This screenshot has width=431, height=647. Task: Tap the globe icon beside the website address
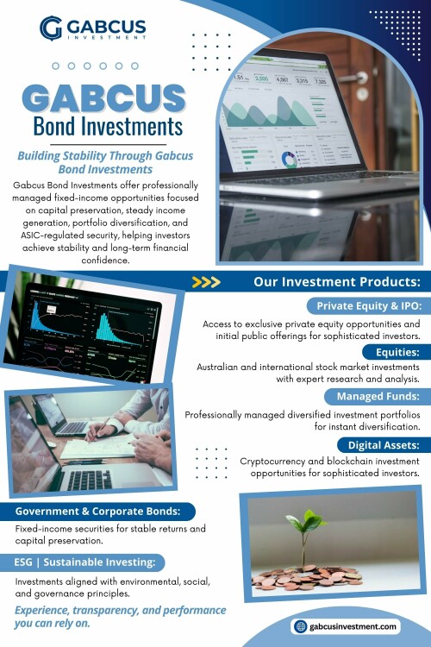[x=301, y=626]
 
